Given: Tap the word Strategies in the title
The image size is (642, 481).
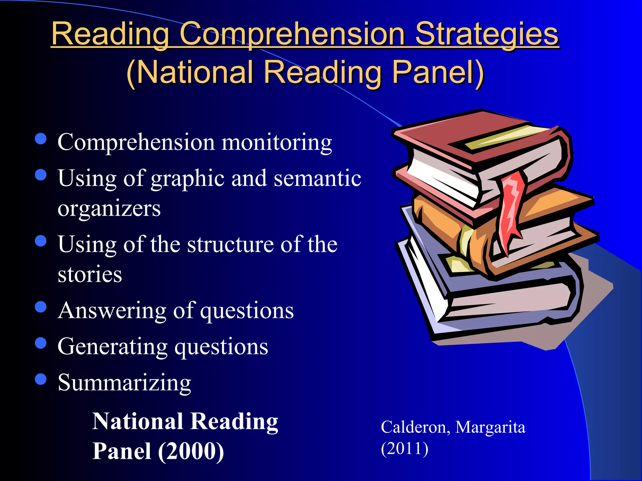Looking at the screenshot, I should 487,34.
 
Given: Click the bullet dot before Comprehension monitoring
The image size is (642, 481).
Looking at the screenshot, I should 41,139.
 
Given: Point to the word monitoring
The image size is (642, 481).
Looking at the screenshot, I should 276,142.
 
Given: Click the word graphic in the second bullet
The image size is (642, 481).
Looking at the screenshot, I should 187,178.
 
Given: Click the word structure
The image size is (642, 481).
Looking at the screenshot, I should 231,244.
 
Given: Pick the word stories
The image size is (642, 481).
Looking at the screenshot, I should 90,274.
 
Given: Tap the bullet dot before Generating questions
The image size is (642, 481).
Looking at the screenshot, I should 41,343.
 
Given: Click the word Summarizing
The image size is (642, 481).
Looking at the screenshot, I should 124,383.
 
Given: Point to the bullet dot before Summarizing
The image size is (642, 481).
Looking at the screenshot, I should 41,379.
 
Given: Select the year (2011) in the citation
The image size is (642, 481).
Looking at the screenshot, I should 404,448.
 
